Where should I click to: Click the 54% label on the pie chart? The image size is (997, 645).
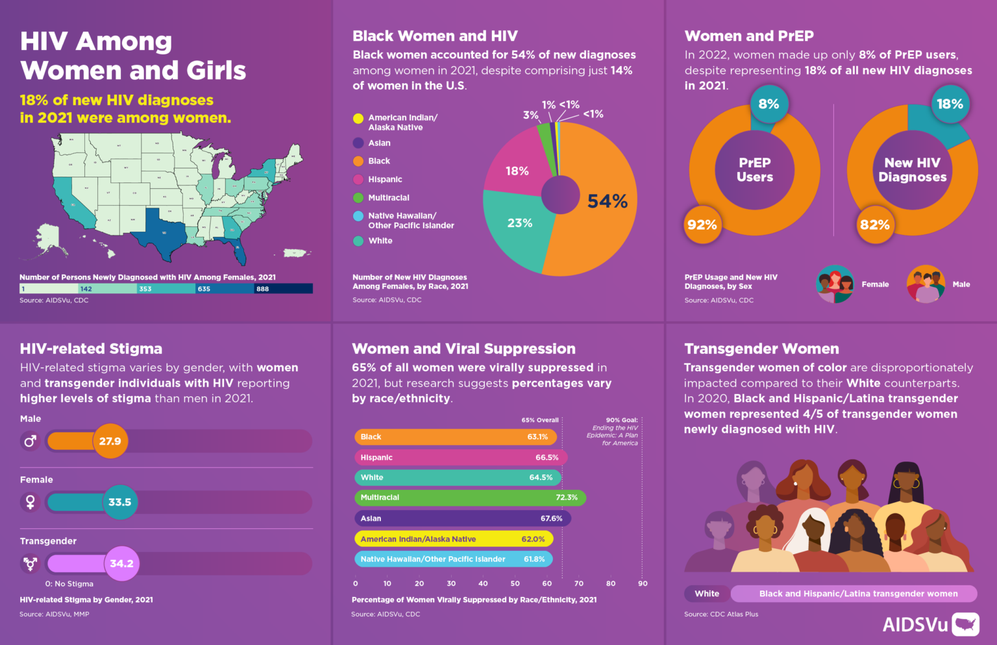pos(607,201)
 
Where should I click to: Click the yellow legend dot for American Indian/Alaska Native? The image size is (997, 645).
pos(358,118)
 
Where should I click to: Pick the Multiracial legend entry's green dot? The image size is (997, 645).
pos(358,198)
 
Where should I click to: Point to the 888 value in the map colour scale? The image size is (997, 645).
pos(262,289)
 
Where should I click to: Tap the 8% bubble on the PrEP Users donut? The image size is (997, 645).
pos(769,104)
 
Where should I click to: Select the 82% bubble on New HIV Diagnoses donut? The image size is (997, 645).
pos(874,225)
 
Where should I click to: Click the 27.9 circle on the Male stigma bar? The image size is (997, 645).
pos(110,441)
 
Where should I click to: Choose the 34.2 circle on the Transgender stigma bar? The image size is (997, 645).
pos(121,563)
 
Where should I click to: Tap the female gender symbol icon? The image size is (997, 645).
pos(30,502)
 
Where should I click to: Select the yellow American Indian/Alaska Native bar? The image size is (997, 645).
pos(454,539)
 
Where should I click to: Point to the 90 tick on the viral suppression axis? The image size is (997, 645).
pos(643,583)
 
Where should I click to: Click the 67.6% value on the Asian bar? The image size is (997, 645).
pos(551,518)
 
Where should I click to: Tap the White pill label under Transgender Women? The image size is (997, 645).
pos(707,593)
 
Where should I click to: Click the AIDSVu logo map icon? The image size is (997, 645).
pos(965,624)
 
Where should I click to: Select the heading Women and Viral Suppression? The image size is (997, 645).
pos(463,348)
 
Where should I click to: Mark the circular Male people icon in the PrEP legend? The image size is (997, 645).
pos(926,284)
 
